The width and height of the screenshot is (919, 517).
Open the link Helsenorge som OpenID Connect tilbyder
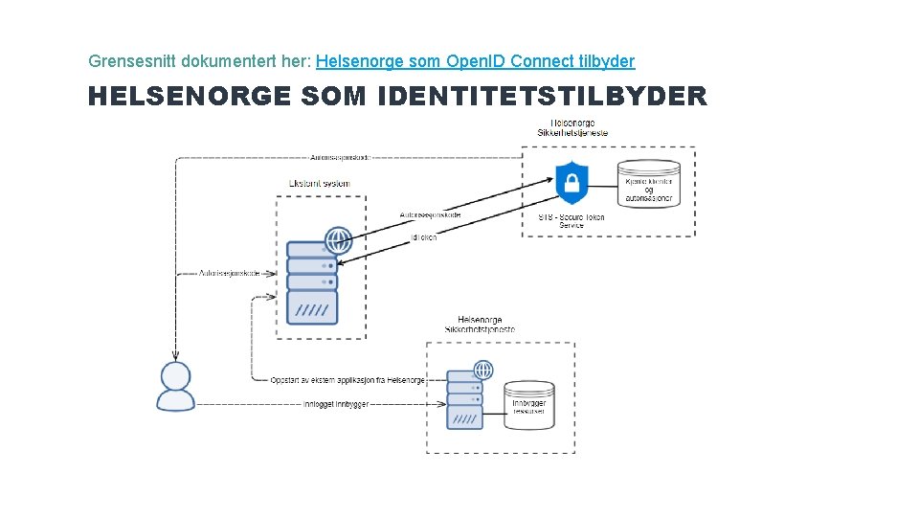pos(475,61)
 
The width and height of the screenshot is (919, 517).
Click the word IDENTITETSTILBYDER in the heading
pos(543,97)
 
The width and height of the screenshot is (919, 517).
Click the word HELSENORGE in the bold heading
pos(190,97)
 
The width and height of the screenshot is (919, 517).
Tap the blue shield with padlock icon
pos(572,183)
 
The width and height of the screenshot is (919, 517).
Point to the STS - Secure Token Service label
pos(572,221)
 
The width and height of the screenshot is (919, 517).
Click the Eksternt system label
pos(319,183)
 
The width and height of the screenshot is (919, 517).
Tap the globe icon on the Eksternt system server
pos(339,240)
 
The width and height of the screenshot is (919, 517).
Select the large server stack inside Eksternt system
pos(312,284)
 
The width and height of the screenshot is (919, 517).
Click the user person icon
pos(176,387)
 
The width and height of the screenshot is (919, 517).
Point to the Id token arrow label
pos(423,236)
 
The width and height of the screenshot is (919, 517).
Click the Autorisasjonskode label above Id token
pos(430,214)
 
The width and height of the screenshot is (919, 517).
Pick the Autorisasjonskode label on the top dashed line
pos(340,156)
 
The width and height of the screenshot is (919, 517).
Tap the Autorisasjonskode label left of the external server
pos(229,273)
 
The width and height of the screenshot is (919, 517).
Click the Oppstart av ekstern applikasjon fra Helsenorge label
pos(347,380)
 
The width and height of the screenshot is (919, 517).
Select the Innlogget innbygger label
pos(336,404)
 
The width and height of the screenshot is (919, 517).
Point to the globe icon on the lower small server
pos(483,370)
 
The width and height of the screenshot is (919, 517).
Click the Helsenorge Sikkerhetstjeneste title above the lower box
pos(480,325)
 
